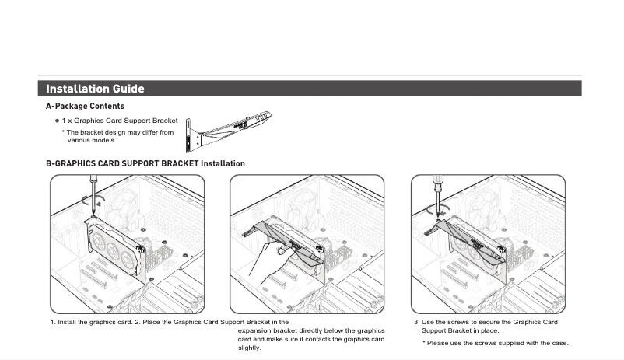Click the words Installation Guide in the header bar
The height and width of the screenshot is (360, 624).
point(95,89)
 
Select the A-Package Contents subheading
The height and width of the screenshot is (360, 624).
point(85,106)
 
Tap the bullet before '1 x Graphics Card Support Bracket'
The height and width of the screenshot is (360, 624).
point(57,121)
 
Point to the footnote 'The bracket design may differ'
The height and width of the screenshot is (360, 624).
point(119,132)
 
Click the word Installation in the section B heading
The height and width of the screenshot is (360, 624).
point(223,163)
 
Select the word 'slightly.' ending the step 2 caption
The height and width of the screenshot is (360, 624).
point(250,348)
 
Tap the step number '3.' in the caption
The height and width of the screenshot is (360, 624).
point(416,322)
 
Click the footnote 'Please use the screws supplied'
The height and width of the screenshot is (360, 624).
point(498,343)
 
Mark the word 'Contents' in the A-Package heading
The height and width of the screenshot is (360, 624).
point(107,106)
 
